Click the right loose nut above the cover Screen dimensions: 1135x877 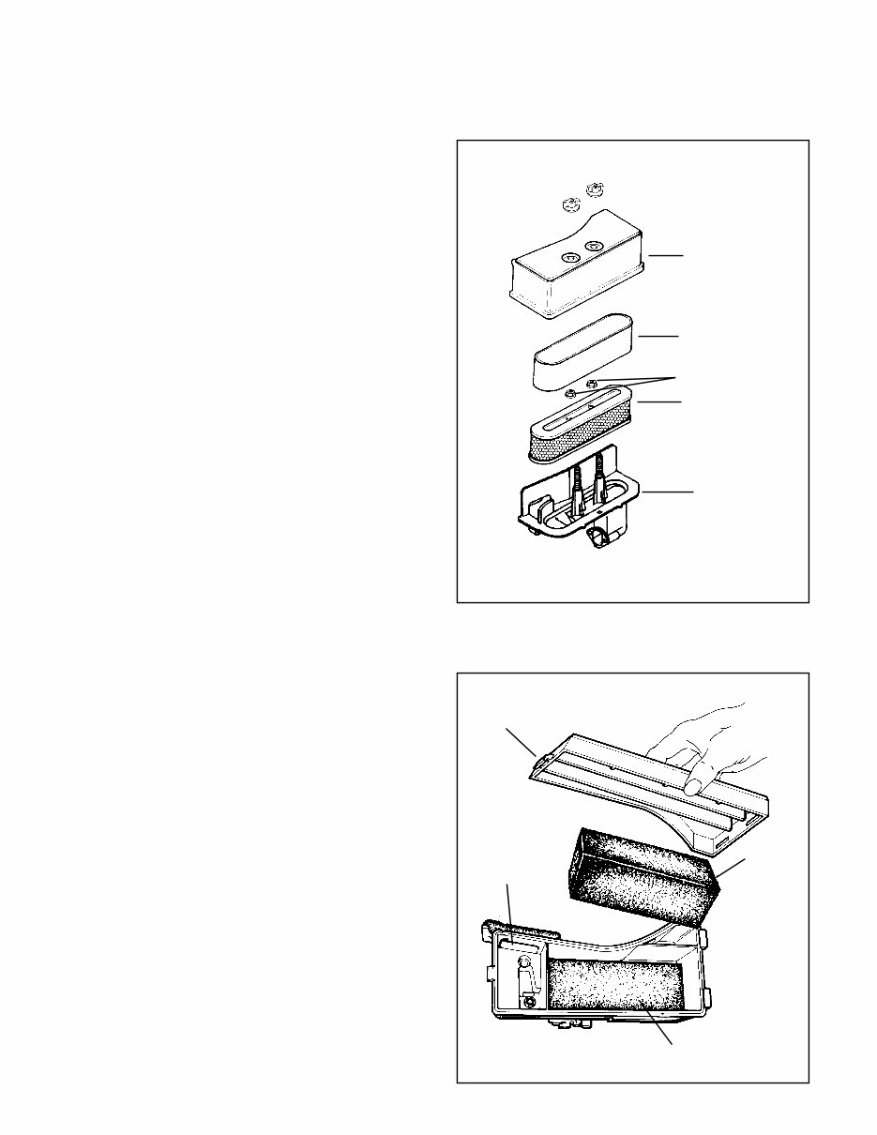pyautogui.click(x=592, y=190)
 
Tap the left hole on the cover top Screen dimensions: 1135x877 pyautogui.click(x=569, y=257)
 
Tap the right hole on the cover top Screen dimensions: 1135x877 pyautogui.click(x=593, y=247)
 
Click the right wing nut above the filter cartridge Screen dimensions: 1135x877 pyautogui.click(x=592, y=383)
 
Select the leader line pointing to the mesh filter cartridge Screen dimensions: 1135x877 pyautogui.click(x=659, y=402)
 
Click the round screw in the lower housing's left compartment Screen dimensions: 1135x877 pyautogui.click(x=531, y=1002)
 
